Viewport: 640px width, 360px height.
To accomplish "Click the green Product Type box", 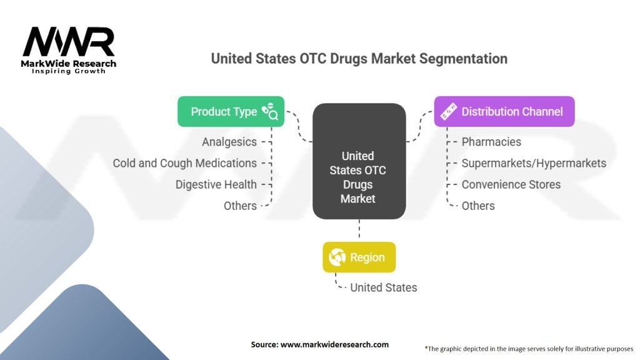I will (x=231, y=112).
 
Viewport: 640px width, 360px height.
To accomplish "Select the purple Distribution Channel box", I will (x=504, y=112).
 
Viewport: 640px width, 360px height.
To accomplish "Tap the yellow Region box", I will (x=359, y=257).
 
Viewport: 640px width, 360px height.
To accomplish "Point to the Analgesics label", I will (x=229, y=142).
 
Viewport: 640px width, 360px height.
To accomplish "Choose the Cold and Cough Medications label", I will (x=185, y=163).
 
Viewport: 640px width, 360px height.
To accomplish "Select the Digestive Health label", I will (x=216, y=184).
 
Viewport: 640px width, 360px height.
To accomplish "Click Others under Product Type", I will (x=240, y=206).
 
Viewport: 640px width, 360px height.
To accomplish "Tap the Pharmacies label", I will (x=491, y=142).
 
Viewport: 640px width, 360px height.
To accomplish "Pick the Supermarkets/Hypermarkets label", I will (x=534, y=163).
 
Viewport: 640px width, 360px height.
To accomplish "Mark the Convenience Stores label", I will (x=511, y=184).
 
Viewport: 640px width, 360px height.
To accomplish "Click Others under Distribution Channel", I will (x=478, y=206).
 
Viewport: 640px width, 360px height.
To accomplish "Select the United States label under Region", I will (x=383, y=287).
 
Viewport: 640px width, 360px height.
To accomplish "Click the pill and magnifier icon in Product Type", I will (x=270, y=111).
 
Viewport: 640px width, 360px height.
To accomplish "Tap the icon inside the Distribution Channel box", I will (x=449, y=112).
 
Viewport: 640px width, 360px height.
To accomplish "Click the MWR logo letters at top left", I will (x=69, y=42).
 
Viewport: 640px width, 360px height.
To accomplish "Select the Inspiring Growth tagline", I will (x=69, y=71).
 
